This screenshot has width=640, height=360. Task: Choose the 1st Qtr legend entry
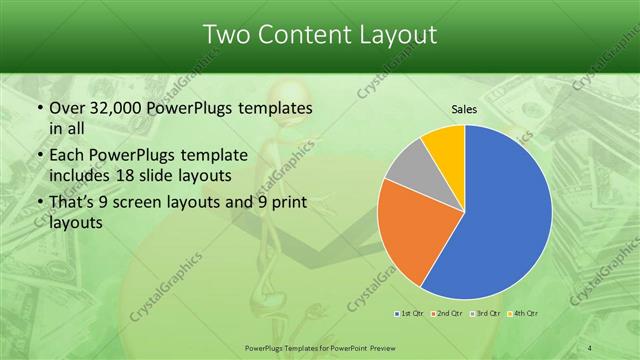point(410,315)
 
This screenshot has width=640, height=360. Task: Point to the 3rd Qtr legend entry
point(481,315)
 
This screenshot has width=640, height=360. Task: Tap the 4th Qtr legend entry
point(517,315)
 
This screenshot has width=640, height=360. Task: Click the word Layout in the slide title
point(395,35)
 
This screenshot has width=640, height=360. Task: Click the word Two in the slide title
point(227,35)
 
